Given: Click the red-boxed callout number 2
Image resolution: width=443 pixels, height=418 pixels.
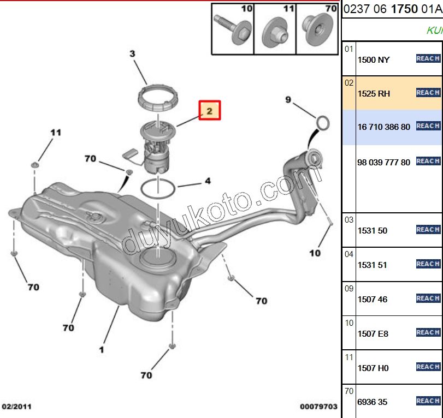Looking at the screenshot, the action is pos(209,110).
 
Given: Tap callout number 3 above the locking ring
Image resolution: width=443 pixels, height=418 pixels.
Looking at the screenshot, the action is pos(132,53).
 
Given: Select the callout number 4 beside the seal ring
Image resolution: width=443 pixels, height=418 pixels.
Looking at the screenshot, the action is pos(208,181).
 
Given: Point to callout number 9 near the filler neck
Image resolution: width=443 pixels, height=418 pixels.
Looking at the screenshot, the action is pos(288,100).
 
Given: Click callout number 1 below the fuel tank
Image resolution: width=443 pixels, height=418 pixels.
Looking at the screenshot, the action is pos(102,350).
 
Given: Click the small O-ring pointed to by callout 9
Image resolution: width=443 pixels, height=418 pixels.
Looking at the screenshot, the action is pos(322,123).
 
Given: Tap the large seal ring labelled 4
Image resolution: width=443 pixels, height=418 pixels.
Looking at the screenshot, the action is pos(158,189).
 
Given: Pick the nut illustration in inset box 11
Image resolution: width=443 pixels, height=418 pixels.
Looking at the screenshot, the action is pos(275,33).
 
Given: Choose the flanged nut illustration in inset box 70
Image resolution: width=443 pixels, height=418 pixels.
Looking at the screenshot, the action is pos(317,30).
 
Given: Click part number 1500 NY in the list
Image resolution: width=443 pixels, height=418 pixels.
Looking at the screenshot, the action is pos(374,60).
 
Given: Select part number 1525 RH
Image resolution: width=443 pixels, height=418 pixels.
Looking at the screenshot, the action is pos(374,93).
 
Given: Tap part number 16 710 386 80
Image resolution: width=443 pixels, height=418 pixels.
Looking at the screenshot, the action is pos(383,127).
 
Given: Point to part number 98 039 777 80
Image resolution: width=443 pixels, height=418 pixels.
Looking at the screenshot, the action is pos(383,162).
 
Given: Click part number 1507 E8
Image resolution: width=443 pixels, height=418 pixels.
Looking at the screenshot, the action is pos(373,333).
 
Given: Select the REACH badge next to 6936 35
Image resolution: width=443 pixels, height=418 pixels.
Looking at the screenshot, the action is pos(428,401).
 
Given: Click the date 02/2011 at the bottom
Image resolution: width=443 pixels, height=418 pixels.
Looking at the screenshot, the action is pos(17,407).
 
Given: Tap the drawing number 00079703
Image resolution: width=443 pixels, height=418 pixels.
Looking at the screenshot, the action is pos(318,407).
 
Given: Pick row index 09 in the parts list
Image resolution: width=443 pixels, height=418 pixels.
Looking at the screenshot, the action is pos(349,289).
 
